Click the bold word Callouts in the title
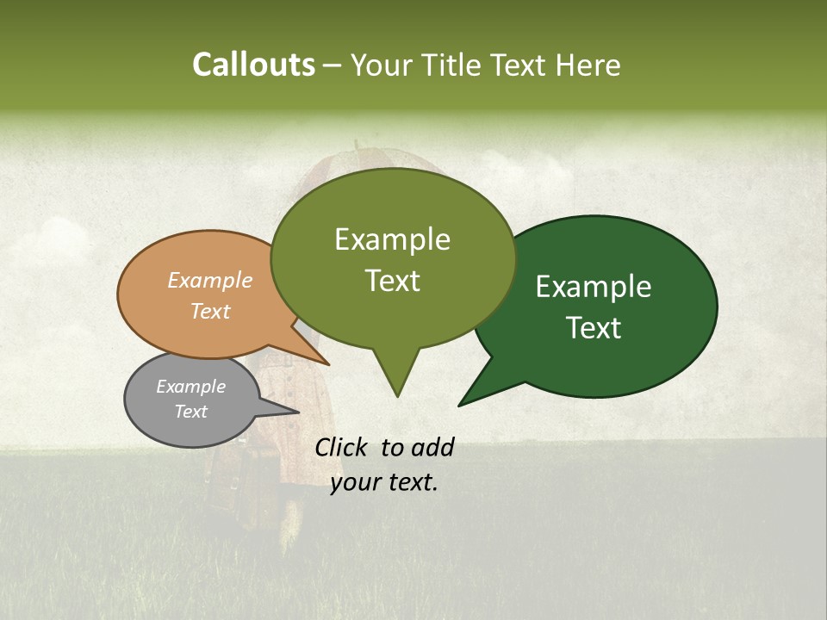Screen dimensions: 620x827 (253, 65)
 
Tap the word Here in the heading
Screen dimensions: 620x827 (588, 65)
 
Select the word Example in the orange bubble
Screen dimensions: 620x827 (210, 280)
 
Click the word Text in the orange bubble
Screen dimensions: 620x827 (210, 311)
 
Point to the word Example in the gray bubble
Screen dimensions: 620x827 (190, 387)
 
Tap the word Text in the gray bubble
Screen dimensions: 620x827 (190, 412)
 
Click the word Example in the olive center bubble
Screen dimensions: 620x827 (392, 239)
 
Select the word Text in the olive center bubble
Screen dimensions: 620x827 (392, 281)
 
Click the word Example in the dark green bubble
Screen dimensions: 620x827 (594, 287)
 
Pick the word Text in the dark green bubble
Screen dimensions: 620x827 (594, 328)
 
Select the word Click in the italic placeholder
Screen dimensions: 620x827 (342, 447)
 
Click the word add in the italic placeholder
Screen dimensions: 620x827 (432, 447)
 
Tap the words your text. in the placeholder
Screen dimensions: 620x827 (384, 482)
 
